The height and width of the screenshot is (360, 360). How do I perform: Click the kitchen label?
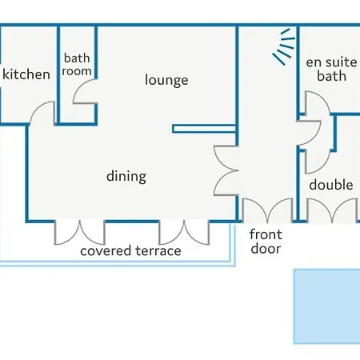pyautogui.click(x=26, y=74)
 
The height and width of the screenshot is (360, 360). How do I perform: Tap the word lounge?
pyautogui.click(x=166, y=80)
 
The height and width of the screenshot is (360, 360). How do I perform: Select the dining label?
pyautogui.click(x=126, y=177)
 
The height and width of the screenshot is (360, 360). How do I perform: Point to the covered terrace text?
pyautogui.click(x=130, y=250)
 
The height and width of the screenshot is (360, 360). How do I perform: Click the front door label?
pyautogui.click(x=266, y=242)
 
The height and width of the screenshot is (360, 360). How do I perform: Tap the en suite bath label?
pyautogui.click(x=331, y=69)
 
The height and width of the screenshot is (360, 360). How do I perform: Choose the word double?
pyautogui.click(x=331, y=185)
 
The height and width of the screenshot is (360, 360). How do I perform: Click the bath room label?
pyautogui.click(x=77, y=65)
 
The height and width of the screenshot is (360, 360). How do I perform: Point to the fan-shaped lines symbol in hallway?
pyautogui.click(x=285, y=46)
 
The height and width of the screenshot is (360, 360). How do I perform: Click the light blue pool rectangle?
pyautogui.click(x=326, y=306)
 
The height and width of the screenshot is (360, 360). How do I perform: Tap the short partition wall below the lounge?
pyautogui.click(x=204, y=129)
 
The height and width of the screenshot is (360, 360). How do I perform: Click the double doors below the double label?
pyautogui.click(x=332, y=210)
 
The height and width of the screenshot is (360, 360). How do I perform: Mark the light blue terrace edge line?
pyautogui.click(x=118, y=264)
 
